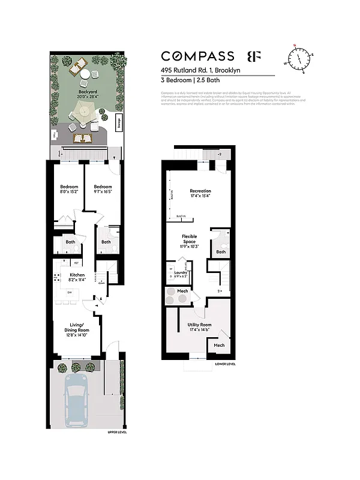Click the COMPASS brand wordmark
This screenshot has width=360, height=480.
click(x=197, y=56)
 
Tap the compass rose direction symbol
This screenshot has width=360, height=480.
click(x=298, y=58)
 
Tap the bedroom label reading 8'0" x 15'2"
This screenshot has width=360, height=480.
click(x=69, y=190)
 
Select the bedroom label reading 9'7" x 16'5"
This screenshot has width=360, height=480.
click(x=103, y=190)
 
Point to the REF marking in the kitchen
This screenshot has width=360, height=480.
click(x=76, y=263)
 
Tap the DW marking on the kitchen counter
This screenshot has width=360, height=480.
click(x=69, y=293)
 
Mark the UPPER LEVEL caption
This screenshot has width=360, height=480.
click(x=116, y=432)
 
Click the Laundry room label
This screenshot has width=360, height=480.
click(x=181, y=275)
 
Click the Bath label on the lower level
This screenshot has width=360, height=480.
click(x=221, y=252)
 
